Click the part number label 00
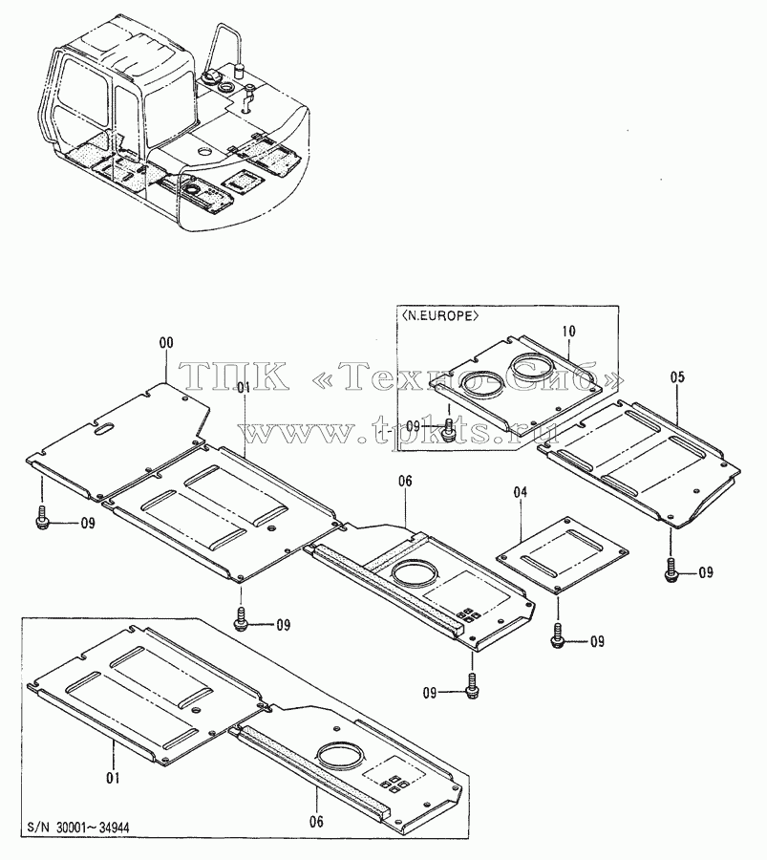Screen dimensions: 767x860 (166, 343)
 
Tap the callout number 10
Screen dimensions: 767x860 (568, 332)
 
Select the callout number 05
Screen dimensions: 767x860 (677, 376)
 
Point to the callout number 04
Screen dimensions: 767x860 (521, 492)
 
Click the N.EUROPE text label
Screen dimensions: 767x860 (439, 316)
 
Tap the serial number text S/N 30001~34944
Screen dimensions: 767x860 (78, 828)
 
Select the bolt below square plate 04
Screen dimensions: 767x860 (558, 635)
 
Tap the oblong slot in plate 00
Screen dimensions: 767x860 (104, 427)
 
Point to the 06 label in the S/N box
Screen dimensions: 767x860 (316, 821)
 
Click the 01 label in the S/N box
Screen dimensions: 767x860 (113, 778)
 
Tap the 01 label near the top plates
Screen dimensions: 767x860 (244, 387)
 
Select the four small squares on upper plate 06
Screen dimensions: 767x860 (468, 615)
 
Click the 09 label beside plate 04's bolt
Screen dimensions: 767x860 (597, 641)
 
